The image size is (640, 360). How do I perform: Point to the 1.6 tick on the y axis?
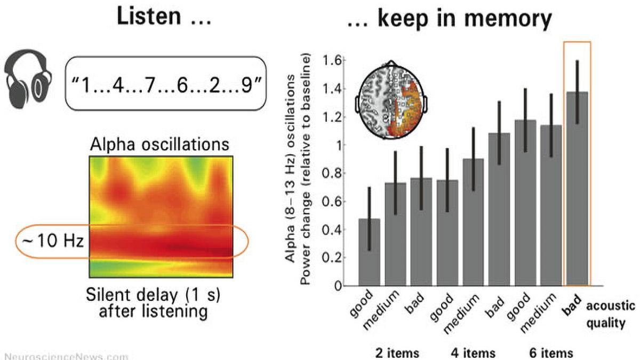coord(331,61)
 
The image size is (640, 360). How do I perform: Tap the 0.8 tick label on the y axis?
coord(331,173)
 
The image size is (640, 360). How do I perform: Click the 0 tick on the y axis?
coord(337,286)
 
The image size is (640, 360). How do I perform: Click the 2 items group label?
coord(396,353)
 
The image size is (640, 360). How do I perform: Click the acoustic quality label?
coord(611,315)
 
